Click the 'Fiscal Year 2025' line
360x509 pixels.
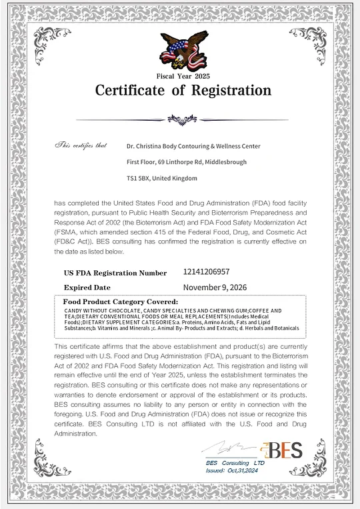[x=183, y=77]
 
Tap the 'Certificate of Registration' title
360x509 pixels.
[x=183, y=90]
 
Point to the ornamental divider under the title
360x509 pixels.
[x=181, y=119]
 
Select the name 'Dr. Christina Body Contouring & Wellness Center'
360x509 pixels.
[x=193, y=146]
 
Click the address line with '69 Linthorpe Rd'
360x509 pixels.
[x=186, y=162]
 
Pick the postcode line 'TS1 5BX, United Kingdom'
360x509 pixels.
[x=161, y=178]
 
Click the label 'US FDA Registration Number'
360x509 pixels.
[x=115, y=273]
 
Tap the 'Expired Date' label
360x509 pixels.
[x=87, y=288]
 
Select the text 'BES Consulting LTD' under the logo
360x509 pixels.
[x=235, y=462]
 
